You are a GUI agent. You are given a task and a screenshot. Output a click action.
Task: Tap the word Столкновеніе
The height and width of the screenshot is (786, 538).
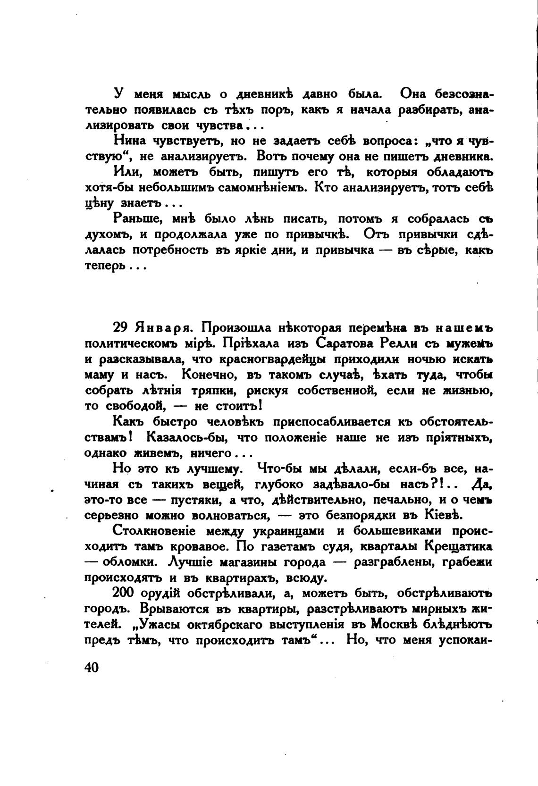154,531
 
